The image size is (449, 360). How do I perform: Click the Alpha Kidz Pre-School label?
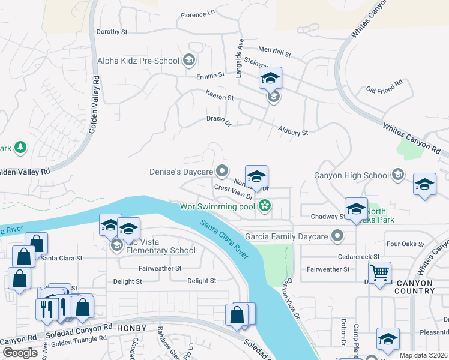click(x=138, y=61)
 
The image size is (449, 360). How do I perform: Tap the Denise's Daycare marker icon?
click(x=222, y=172)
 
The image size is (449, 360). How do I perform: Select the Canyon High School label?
click(x=352, y=175)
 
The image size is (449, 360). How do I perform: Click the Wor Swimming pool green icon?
click(x=264, y=207)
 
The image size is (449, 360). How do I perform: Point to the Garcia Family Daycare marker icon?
click(x=338, y=236)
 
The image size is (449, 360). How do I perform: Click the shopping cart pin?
click(x=379, y=273)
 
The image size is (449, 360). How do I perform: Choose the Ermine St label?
click(x=210, y=76)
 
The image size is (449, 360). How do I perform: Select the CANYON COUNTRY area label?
click(x=414, y=286)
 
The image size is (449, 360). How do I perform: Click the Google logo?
click(x=20, y=352)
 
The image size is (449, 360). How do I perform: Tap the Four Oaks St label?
click(x=406, y=244)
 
